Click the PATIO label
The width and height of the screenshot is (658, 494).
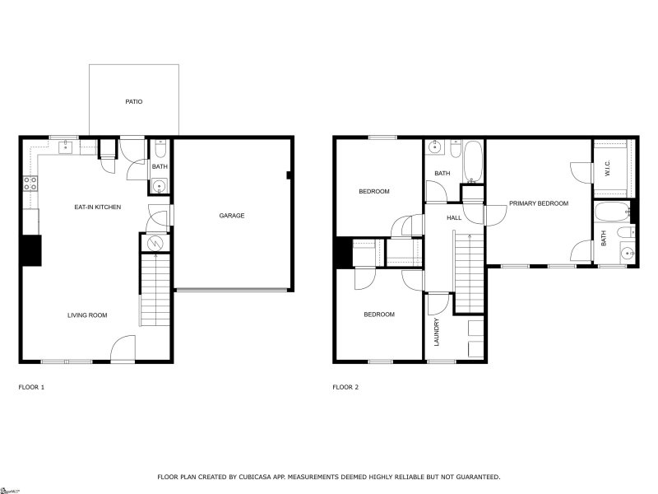click(x=133, y=102)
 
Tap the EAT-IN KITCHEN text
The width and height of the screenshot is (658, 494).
click(x=98, y=207)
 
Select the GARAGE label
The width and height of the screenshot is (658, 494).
click(x=231, y=216)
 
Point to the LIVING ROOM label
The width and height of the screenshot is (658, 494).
click(x=87, y=315)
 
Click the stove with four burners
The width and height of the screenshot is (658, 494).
click(x=30, y=184)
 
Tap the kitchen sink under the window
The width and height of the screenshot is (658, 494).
click(x=65, y=148)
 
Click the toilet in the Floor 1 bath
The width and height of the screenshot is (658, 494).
click(x=160, y=150)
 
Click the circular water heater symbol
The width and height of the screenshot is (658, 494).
click(x=155, y=243)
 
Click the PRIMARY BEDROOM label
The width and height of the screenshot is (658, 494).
click(x=538, y=203)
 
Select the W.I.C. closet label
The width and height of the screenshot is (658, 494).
click(x=607, y=168)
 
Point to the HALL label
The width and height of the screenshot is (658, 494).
click(x=453, y=217)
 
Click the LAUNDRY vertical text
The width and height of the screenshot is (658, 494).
click(x=437, y=332)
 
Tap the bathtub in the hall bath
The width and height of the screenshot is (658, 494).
click(x=473, y=161)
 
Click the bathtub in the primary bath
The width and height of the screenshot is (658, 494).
click(x=611, y=212)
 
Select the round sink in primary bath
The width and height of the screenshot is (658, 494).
click(x=627, y=254)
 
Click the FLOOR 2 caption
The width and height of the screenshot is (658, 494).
click(x=345, y=386)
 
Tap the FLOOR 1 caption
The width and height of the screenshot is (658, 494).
click(x=31, y=386)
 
